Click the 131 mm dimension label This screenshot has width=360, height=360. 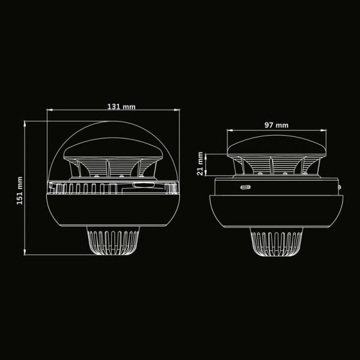pos(121,107)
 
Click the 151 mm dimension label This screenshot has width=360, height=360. pos(20,191)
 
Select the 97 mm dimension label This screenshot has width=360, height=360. pos(276,125)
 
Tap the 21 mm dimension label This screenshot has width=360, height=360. pos(200,163)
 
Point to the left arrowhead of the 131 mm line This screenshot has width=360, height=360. pos(50,110)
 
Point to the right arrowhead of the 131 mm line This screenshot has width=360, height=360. pos(177,110)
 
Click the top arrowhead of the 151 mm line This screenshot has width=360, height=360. pos(25,124)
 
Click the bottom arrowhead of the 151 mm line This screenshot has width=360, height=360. pos(25,252)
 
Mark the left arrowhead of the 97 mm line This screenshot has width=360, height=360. pos(230,130)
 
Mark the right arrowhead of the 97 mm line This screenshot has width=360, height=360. pos(323,130)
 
